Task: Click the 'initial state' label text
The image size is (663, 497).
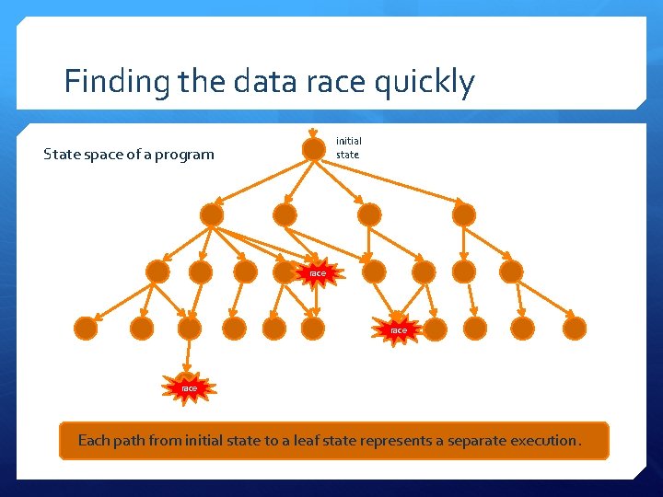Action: tap(348, 147)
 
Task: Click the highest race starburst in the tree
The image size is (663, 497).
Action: tap(316, 272)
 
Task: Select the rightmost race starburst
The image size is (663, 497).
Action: tap(398, 329)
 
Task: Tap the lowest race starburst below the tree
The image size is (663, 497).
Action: tap(189, 387)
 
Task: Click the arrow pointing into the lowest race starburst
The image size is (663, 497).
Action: tap(189, 356)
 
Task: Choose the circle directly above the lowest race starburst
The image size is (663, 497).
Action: tap(189, 329)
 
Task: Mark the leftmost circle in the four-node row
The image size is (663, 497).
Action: tap(212, 214)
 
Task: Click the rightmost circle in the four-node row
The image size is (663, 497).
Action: tap(464, 214)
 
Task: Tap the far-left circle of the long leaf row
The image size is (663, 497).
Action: tap(86, 328)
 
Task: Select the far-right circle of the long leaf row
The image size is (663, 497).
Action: tap(575, 328)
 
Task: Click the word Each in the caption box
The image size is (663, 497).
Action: tap(93, 441)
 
